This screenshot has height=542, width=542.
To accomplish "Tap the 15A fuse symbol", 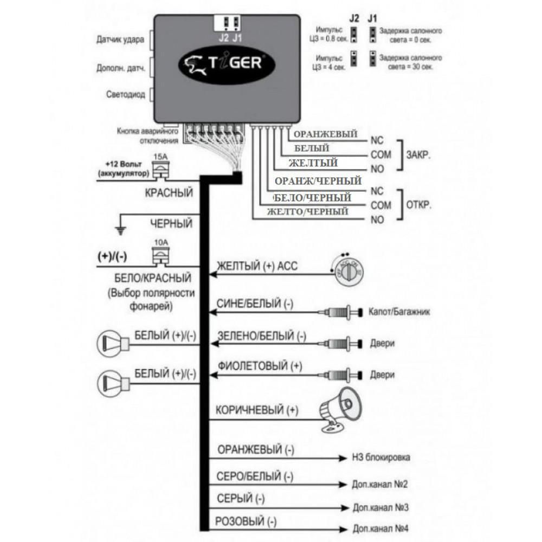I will (161, 170).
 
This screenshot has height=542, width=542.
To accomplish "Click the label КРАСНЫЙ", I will (169, 192).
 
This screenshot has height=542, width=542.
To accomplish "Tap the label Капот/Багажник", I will (395, 313).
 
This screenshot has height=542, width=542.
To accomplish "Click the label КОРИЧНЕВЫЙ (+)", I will (257, 410).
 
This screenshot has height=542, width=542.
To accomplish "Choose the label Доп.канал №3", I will (380, 508).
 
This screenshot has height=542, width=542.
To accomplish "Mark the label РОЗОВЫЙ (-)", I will (246, 522).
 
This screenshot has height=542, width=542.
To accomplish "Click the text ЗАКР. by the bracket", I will (418, 154).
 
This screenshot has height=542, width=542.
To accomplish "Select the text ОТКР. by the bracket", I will (418, 205).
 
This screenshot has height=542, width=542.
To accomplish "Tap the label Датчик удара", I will (120, 40).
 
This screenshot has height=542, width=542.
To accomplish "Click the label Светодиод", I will (125, 95).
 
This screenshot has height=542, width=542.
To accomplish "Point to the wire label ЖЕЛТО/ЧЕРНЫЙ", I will (308, 212).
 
